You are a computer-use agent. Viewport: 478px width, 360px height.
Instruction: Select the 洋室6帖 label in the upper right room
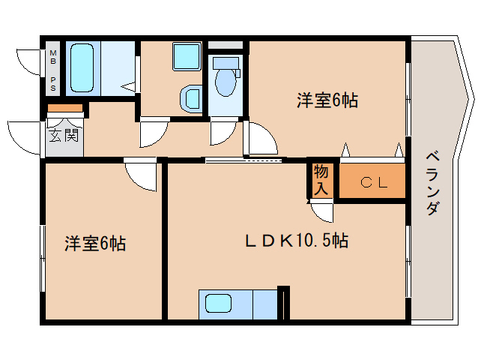[326, 100]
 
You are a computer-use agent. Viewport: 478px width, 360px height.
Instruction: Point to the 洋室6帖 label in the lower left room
[94, 243]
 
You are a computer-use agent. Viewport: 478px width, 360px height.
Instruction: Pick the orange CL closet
[373, 182]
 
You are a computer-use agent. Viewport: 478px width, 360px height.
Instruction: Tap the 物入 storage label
[321, 180]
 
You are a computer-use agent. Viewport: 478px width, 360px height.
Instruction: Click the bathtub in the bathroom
[81, 67]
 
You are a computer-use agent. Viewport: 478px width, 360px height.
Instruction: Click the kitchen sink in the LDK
[219, 304]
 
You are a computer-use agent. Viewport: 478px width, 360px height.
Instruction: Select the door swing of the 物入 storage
[323, 212]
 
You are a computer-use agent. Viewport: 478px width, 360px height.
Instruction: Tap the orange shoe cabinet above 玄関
[64, 108]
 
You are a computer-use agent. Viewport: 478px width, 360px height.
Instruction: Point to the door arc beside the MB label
[28, 61]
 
